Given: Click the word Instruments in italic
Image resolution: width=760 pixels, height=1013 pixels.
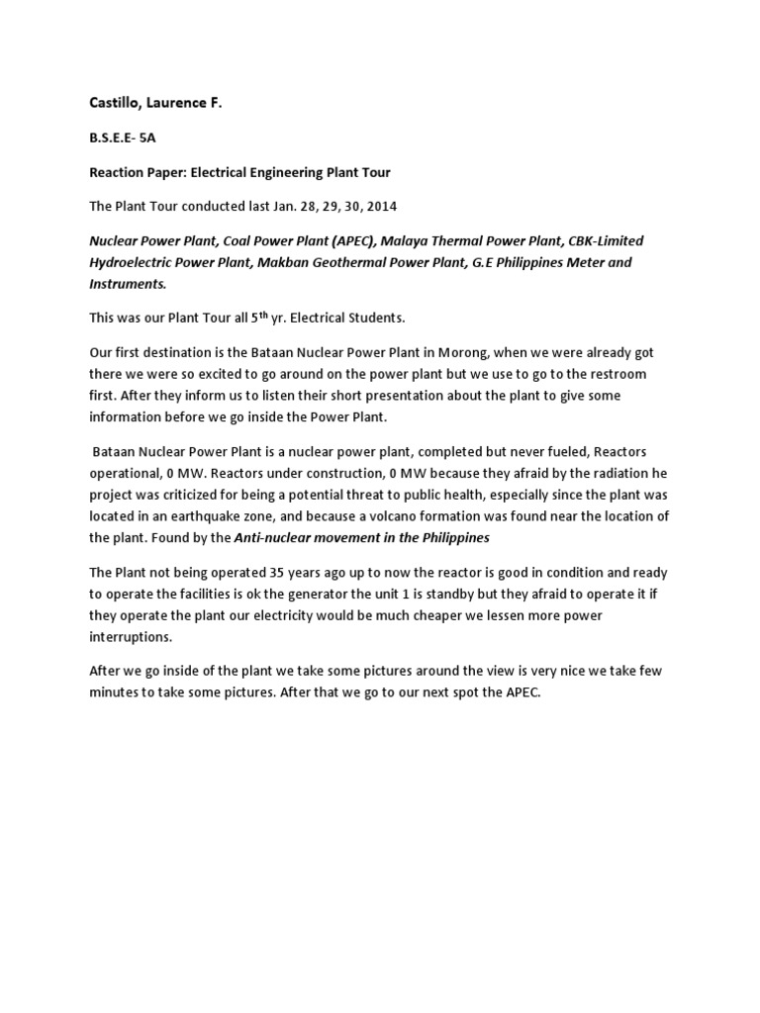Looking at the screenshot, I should tap(127, 283).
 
